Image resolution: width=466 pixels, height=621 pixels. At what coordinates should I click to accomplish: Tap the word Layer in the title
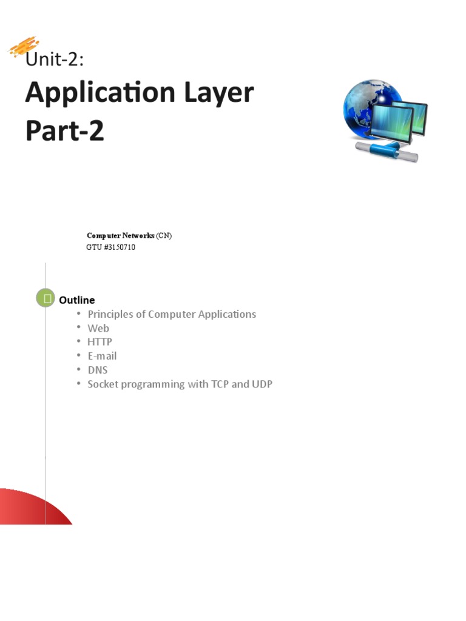[x=213, y=94]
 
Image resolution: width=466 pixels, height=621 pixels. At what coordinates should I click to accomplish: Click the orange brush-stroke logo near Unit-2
[x=24, y=47]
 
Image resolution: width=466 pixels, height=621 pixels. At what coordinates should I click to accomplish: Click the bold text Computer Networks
[x=121, y=235]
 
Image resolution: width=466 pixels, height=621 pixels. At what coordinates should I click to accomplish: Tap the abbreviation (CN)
[x=164, y=235]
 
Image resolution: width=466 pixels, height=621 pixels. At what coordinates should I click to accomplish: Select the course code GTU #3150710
[x=111, y=247]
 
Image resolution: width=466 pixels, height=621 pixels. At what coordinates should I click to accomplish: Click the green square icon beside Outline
[x=46, y=298]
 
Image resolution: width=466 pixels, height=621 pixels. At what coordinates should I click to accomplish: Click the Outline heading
[x=77, y=300]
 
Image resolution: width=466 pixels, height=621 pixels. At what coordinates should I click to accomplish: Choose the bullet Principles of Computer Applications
[x=172, y=314]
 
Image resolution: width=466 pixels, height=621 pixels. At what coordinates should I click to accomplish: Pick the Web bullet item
[x=98, y=328]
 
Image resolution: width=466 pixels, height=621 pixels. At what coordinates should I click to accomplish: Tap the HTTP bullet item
[x=100, y=342]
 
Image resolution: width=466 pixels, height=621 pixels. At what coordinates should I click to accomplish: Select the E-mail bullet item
[x=102, y=356]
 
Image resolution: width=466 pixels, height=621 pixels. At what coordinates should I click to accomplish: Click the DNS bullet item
[x=98, y=370]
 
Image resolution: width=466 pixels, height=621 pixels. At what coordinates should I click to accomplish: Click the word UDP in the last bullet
[x=261, y=384]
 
